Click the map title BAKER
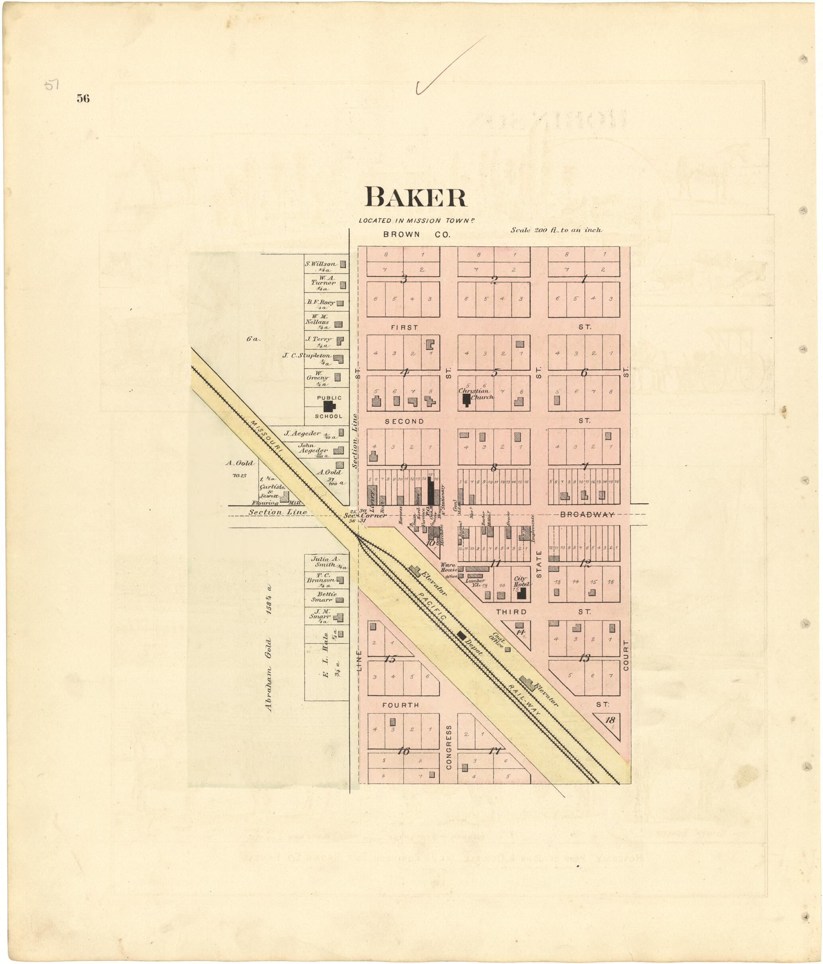click(x=415, y=198)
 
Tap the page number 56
click(x=83, y=98)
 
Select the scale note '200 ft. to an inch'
click(x=556, y=230)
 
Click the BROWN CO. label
click(x=416, y=235)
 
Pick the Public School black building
click(x=329, y=406)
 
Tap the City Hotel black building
click(x=522, y=593)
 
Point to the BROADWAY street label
click(x=586, y=514)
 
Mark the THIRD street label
click(x=511, y=612)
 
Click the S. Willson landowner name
click(x=320, y=264)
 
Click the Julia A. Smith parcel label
click(x=326, y=561)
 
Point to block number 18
click(x=610, y=720)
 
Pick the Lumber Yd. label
click(x=475, y=582)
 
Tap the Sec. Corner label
click(x=365, y=516)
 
